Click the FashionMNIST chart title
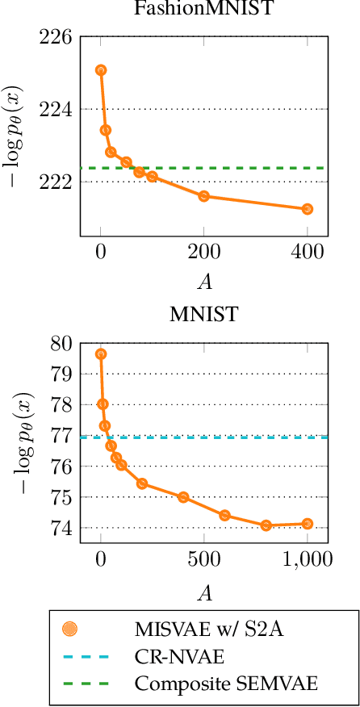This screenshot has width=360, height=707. pyautogui.click(x=203, y=10)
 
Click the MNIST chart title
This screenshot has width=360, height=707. pyautogui.click(x=203, y=315)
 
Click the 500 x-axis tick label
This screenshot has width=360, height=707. pyautogui.click(x=204, y=558)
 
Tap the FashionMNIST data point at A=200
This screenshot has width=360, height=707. pyautogui.click(x=204, y=196)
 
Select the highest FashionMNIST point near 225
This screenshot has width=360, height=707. pyautogui.click(x=101, y=70)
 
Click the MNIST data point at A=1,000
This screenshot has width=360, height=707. pyautogui.click(x=308, y=524)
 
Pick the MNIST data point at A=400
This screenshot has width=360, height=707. pyautogui.click(x=183, y=497)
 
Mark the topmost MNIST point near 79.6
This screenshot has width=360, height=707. pyautogui.click(x=101, y=354)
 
